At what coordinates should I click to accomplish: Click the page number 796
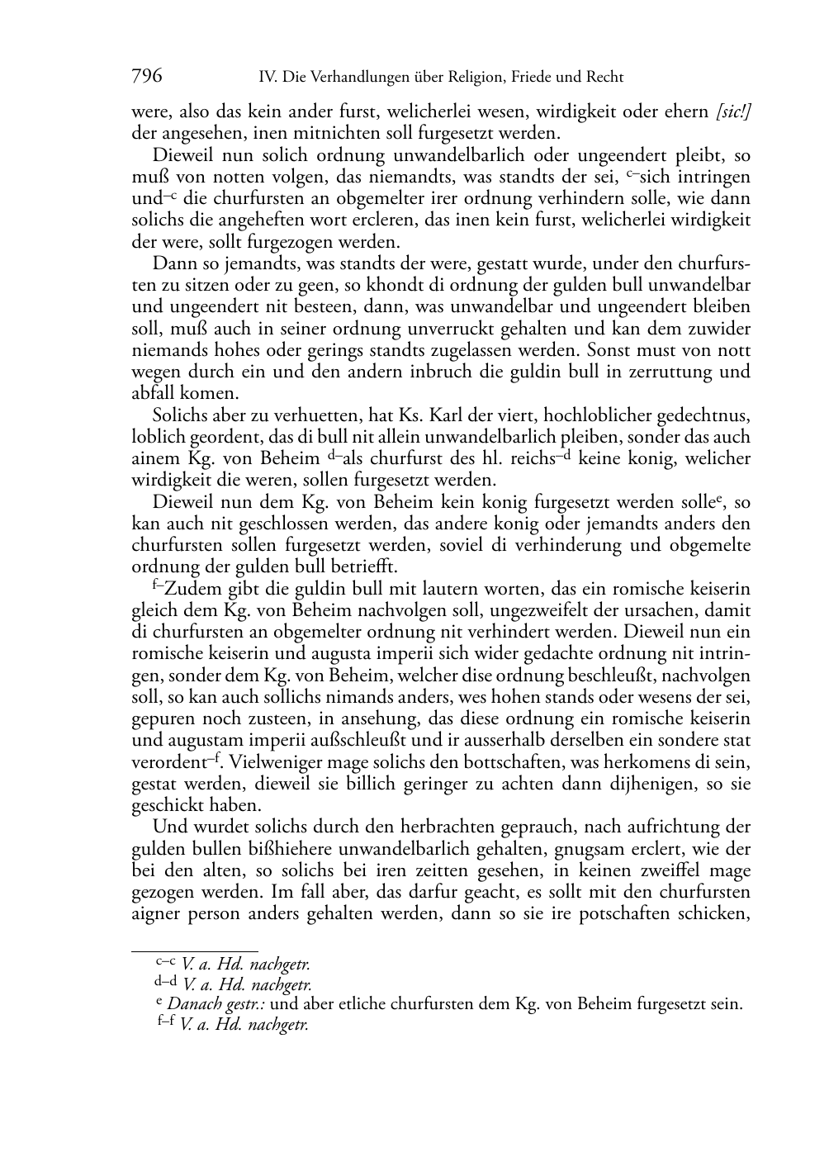point(147,77)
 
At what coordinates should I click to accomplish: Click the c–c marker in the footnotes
point(165,961)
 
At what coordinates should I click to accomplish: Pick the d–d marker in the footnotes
point(165,982)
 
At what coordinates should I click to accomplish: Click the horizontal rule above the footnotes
point(195,951)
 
